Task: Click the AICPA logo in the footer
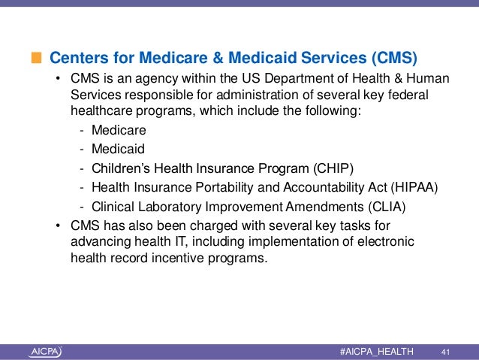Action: [x=46, y=351]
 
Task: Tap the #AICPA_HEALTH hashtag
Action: [x=376, y=351]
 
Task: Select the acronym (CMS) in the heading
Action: [x=390, y=57]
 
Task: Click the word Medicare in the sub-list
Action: [x=119, y=130]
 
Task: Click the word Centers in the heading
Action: [x=75, y=57]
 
